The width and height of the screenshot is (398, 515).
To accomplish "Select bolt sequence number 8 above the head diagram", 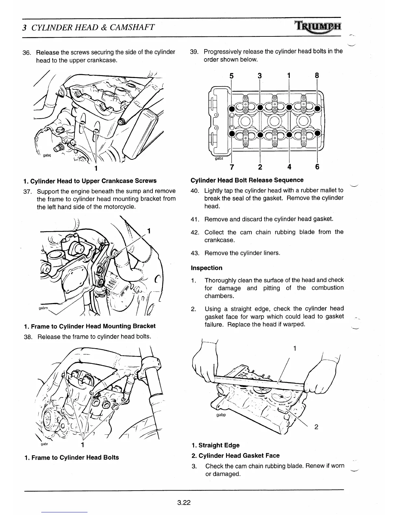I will coord(317,76).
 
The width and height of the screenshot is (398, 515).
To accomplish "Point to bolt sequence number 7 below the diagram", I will coord(232,167).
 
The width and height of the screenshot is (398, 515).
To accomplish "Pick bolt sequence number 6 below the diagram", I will coord(317,167).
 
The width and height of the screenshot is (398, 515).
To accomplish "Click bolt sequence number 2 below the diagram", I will coord(260,167).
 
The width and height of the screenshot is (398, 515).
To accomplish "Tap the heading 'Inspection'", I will coord(206,268).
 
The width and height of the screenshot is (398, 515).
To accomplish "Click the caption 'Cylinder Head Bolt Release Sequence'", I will coord(247,180).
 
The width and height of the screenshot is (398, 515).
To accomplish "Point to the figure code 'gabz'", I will coord(219,158).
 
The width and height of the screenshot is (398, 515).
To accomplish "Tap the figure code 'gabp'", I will coord(221,415).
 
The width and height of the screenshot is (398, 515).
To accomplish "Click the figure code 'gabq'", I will coord(47,155).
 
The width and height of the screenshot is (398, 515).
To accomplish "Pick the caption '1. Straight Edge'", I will coord(215,445).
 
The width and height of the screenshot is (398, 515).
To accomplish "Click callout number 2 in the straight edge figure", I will coord(316,427).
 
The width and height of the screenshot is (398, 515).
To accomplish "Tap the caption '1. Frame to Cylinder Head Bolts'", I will coord(72,457).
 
